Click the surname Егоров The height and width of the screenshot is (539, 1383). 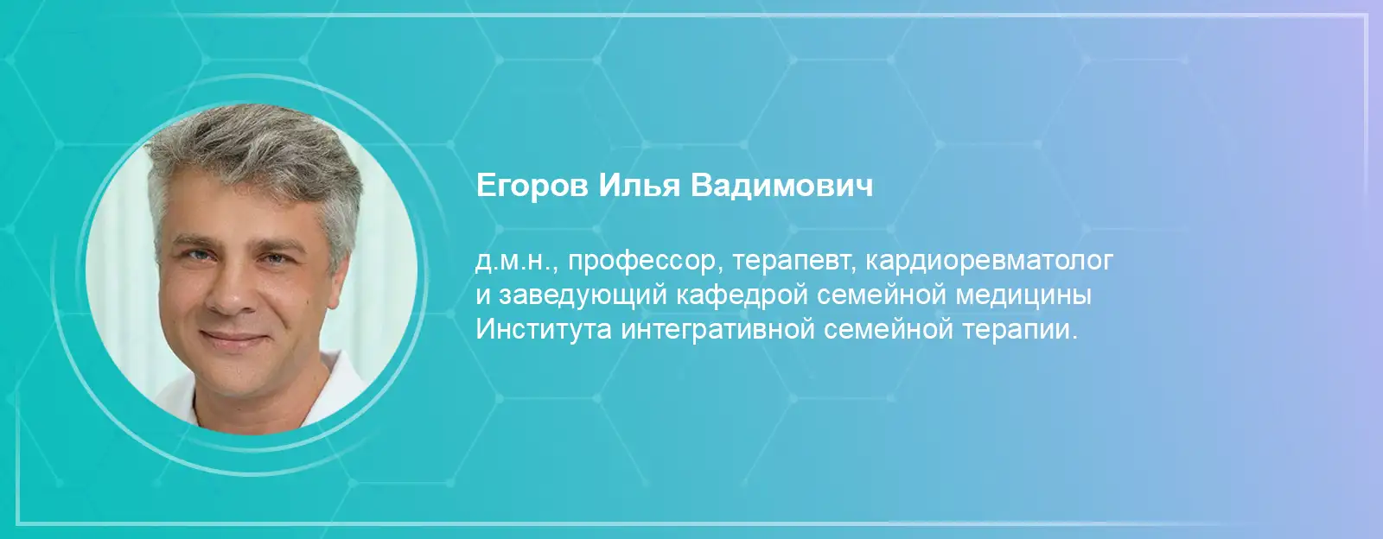point(532,187)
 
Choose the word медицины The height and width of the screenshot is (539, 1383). point(1023,295)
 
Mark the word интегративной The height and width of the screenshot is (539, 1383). point(718,331)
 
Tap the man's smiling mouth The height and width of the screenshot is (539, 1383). point(233,338)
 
